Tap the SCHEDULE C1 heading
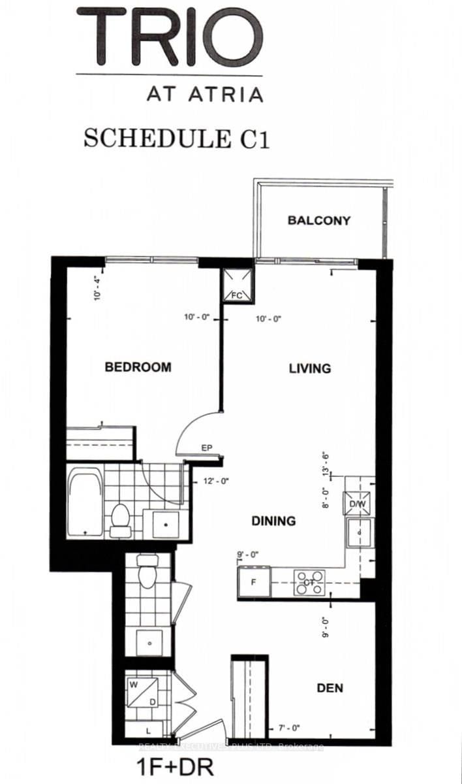point(176,139)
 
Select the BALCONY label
point(319,221)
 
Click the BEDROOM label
point(138,367)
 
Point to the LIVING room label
point(310,368)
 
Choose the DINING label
point(274,521)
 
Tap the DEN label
point(330,688)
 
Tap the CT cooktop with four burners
point(309,581)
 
